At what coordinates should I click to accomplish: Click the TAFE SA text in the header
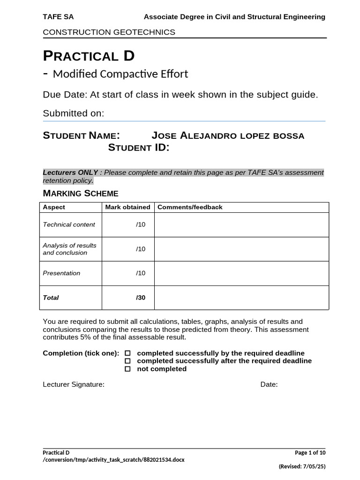[x=58, y=17]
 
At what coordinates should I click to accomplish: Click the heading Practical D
[x=89, y=56]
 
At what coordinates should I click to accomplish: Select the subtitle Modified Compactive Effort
[x=120, y=74]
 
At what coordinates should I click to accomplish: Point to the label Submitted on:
[x=73, y=113]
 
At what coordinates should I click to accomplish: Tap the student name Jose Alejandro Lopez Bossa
[x=228, y=136]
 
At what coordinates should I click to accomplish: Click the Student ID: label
[x=139, y=148]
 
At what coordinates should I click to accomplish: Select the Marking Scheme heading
[x=81, y=193]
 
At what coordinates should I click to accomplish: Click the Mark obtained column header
[x=127, y=207]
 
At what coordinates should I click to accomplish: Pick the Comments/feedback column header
[x=190, y=207]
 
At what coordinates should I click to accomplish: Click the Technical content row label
[x=69, y=225]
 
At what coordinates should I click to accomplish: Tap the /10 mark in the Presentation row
[x=141, y=273]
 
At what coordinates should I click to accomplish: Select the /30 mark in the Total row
[x=141, y=298]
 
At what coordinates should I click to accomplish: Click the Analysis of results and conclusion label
[x=69, y=249]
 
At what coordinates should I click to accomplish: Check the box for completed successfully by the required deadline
[x=127, y=353]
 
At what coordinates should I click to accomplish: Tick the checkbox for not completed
[x=127, y=369]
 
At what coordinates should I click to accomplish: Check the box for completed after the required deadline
[x=127, y=361]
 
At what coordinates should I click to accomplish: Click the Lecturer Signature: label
[x=74, y=385]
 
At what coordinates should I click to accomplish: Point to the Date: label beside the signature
[x=269, y=385]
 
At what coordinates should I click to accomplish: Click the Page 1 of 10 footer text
[x=310, y=453]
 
